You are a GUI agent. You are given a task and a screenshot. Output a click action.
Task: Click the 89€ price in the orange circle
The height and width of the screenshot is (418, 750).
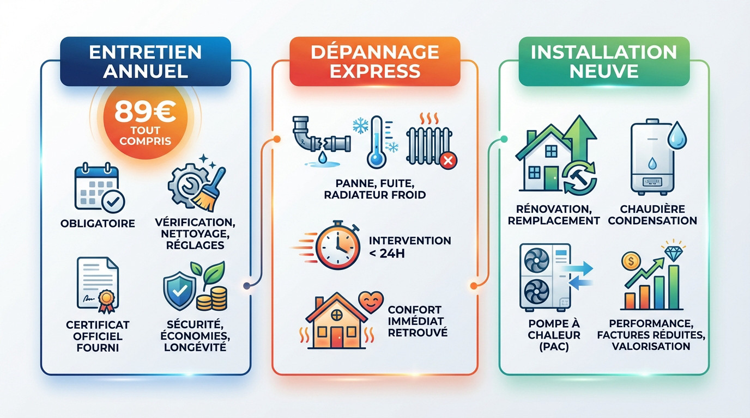point(144,112)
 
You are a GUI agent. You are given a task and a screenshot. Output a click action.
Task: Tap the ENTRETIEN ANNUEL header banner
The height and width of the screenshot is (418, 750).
point(145,61)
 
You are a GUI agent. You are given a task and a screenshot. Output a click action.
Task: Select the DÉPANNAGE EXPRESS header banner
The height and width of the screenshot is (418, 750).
point(375,61)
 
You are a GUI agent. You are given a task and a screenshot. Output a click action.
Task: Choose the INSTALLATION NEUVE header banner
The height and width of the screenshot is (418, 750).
point(603,61)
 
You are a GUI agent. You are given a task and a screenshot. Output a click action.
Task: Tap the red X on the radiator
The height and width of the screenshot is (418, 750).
point(448,161)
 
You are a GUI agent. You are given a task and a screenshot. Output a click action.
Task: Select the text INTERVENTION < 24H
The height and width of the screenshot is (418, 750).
point(409,245)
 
